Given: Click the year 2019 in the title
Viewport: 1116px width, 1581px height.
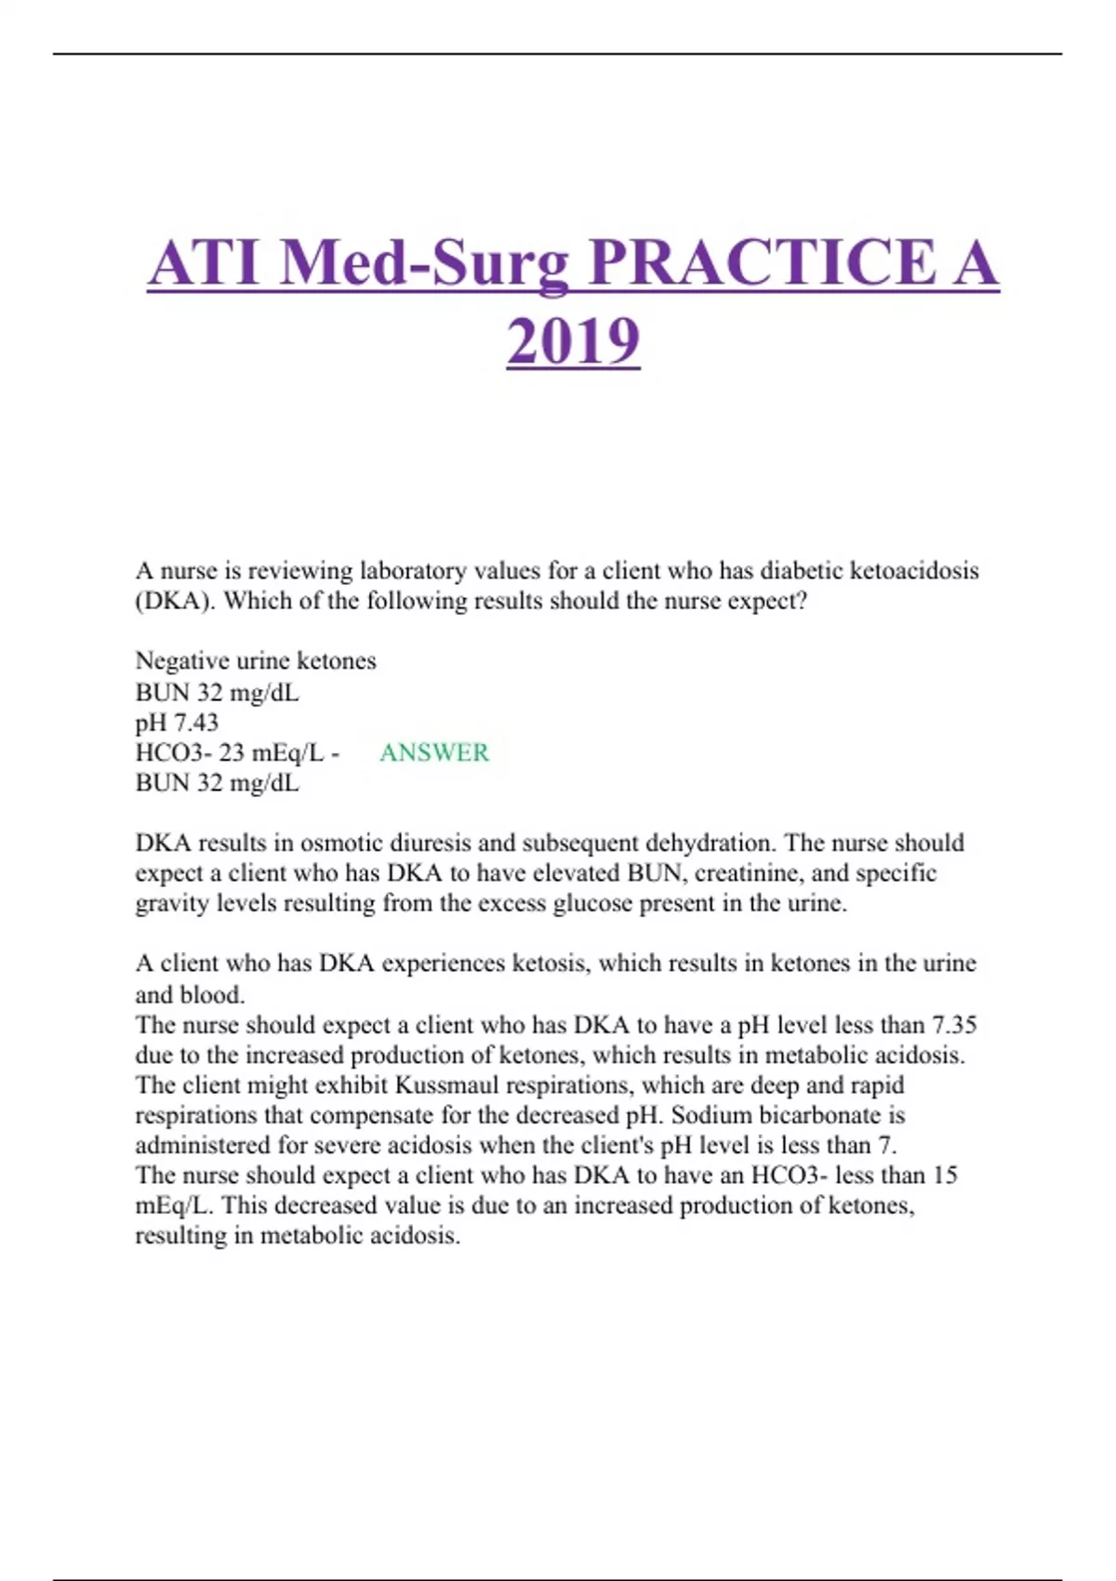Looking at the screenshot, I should [x=573, y=341].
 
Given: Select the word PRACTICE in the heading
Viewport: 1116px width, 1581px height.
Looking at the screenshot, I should [x=763, y=263].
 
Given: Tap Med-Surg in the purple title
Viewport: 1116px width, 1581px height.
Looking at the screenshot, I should [x=424, y=263].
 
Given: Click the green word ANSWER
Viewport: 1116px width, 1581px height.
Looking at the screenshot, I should [x=434, y=752].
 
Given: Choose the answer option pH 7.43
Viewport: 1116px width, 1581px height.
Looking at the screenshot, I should [x=177, y=723].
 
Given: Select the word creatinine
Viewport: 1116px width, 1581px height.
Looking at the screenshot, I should [x=749, y=873].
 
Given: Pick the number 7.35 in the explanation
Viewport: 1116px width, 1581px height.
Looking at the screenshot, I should [x=954, y=1025].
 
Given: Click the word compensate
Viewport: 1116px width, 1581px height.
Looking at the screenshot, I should [x=376, y=1115].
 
